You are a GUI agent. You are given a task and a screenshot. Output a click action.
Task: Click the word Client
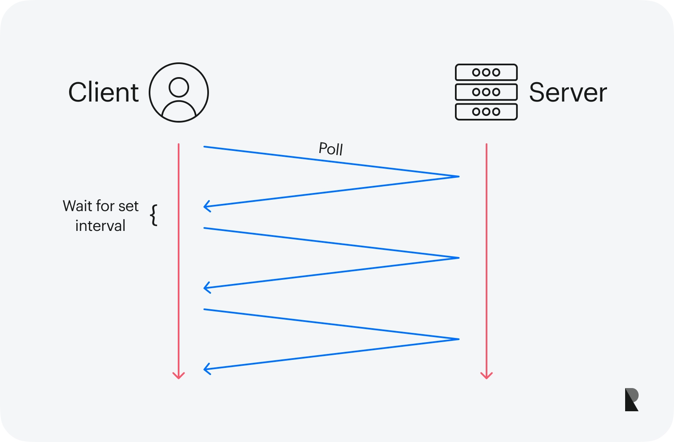click(103, 92)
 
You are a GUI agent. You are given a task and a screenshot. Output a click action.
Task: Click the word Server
click(568, 92)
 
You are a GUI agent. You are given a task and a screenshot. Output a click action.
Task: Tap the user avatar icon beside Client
click(179, 93)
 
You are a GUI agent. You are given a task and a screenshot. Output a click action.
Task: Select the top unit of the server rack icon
click(486, 72)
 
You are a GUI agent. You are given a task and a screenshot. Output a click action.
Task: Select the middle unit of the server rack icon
click(486, 92)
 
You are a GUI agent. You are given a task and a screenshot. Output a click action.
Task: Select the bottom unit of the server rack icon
click(486, 112)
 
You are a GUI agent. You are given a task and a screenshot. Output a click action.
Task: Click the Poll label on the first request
click(331, 149)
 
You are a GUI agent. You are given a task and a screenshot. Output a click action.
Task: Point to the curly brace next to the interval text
click(154, 215)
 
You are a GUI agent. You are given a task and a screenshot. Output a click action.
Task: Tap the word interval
click(100, 226)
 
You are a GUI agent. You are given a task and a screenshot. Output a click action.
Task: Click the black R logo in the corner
click(631, 399)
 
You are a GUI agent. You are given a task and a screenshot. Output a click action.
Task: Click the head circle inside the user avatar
click(179, 87)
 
